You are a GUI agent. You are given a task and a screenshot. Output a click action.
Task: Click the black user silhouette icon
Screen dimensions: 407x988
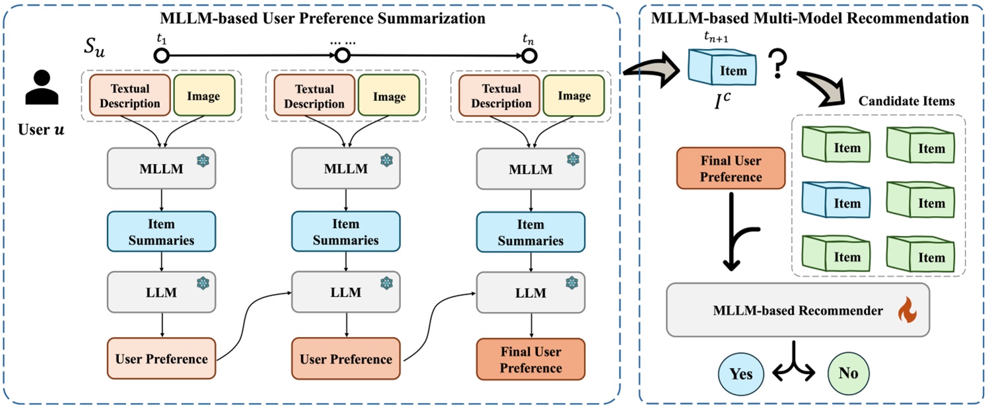point(38,89)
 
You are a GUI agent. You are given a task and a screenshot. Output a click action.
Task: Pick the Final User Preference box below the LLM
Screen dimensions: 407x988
point(530,360)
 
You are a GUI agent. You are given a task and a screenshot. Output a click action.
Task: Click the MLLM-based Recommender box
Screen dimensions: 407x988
point(798,310)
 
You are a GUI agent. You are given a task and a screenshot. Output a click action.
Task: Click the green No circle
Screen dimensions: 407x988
point(849,374)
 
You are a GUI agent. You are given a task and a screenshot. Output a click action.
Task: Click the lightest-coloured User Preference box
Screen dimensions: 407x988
point(161,359)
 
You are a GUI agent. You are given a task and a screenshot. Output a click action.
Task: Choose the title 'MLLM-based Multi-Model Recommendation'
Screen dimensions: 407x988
point(810,18)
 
